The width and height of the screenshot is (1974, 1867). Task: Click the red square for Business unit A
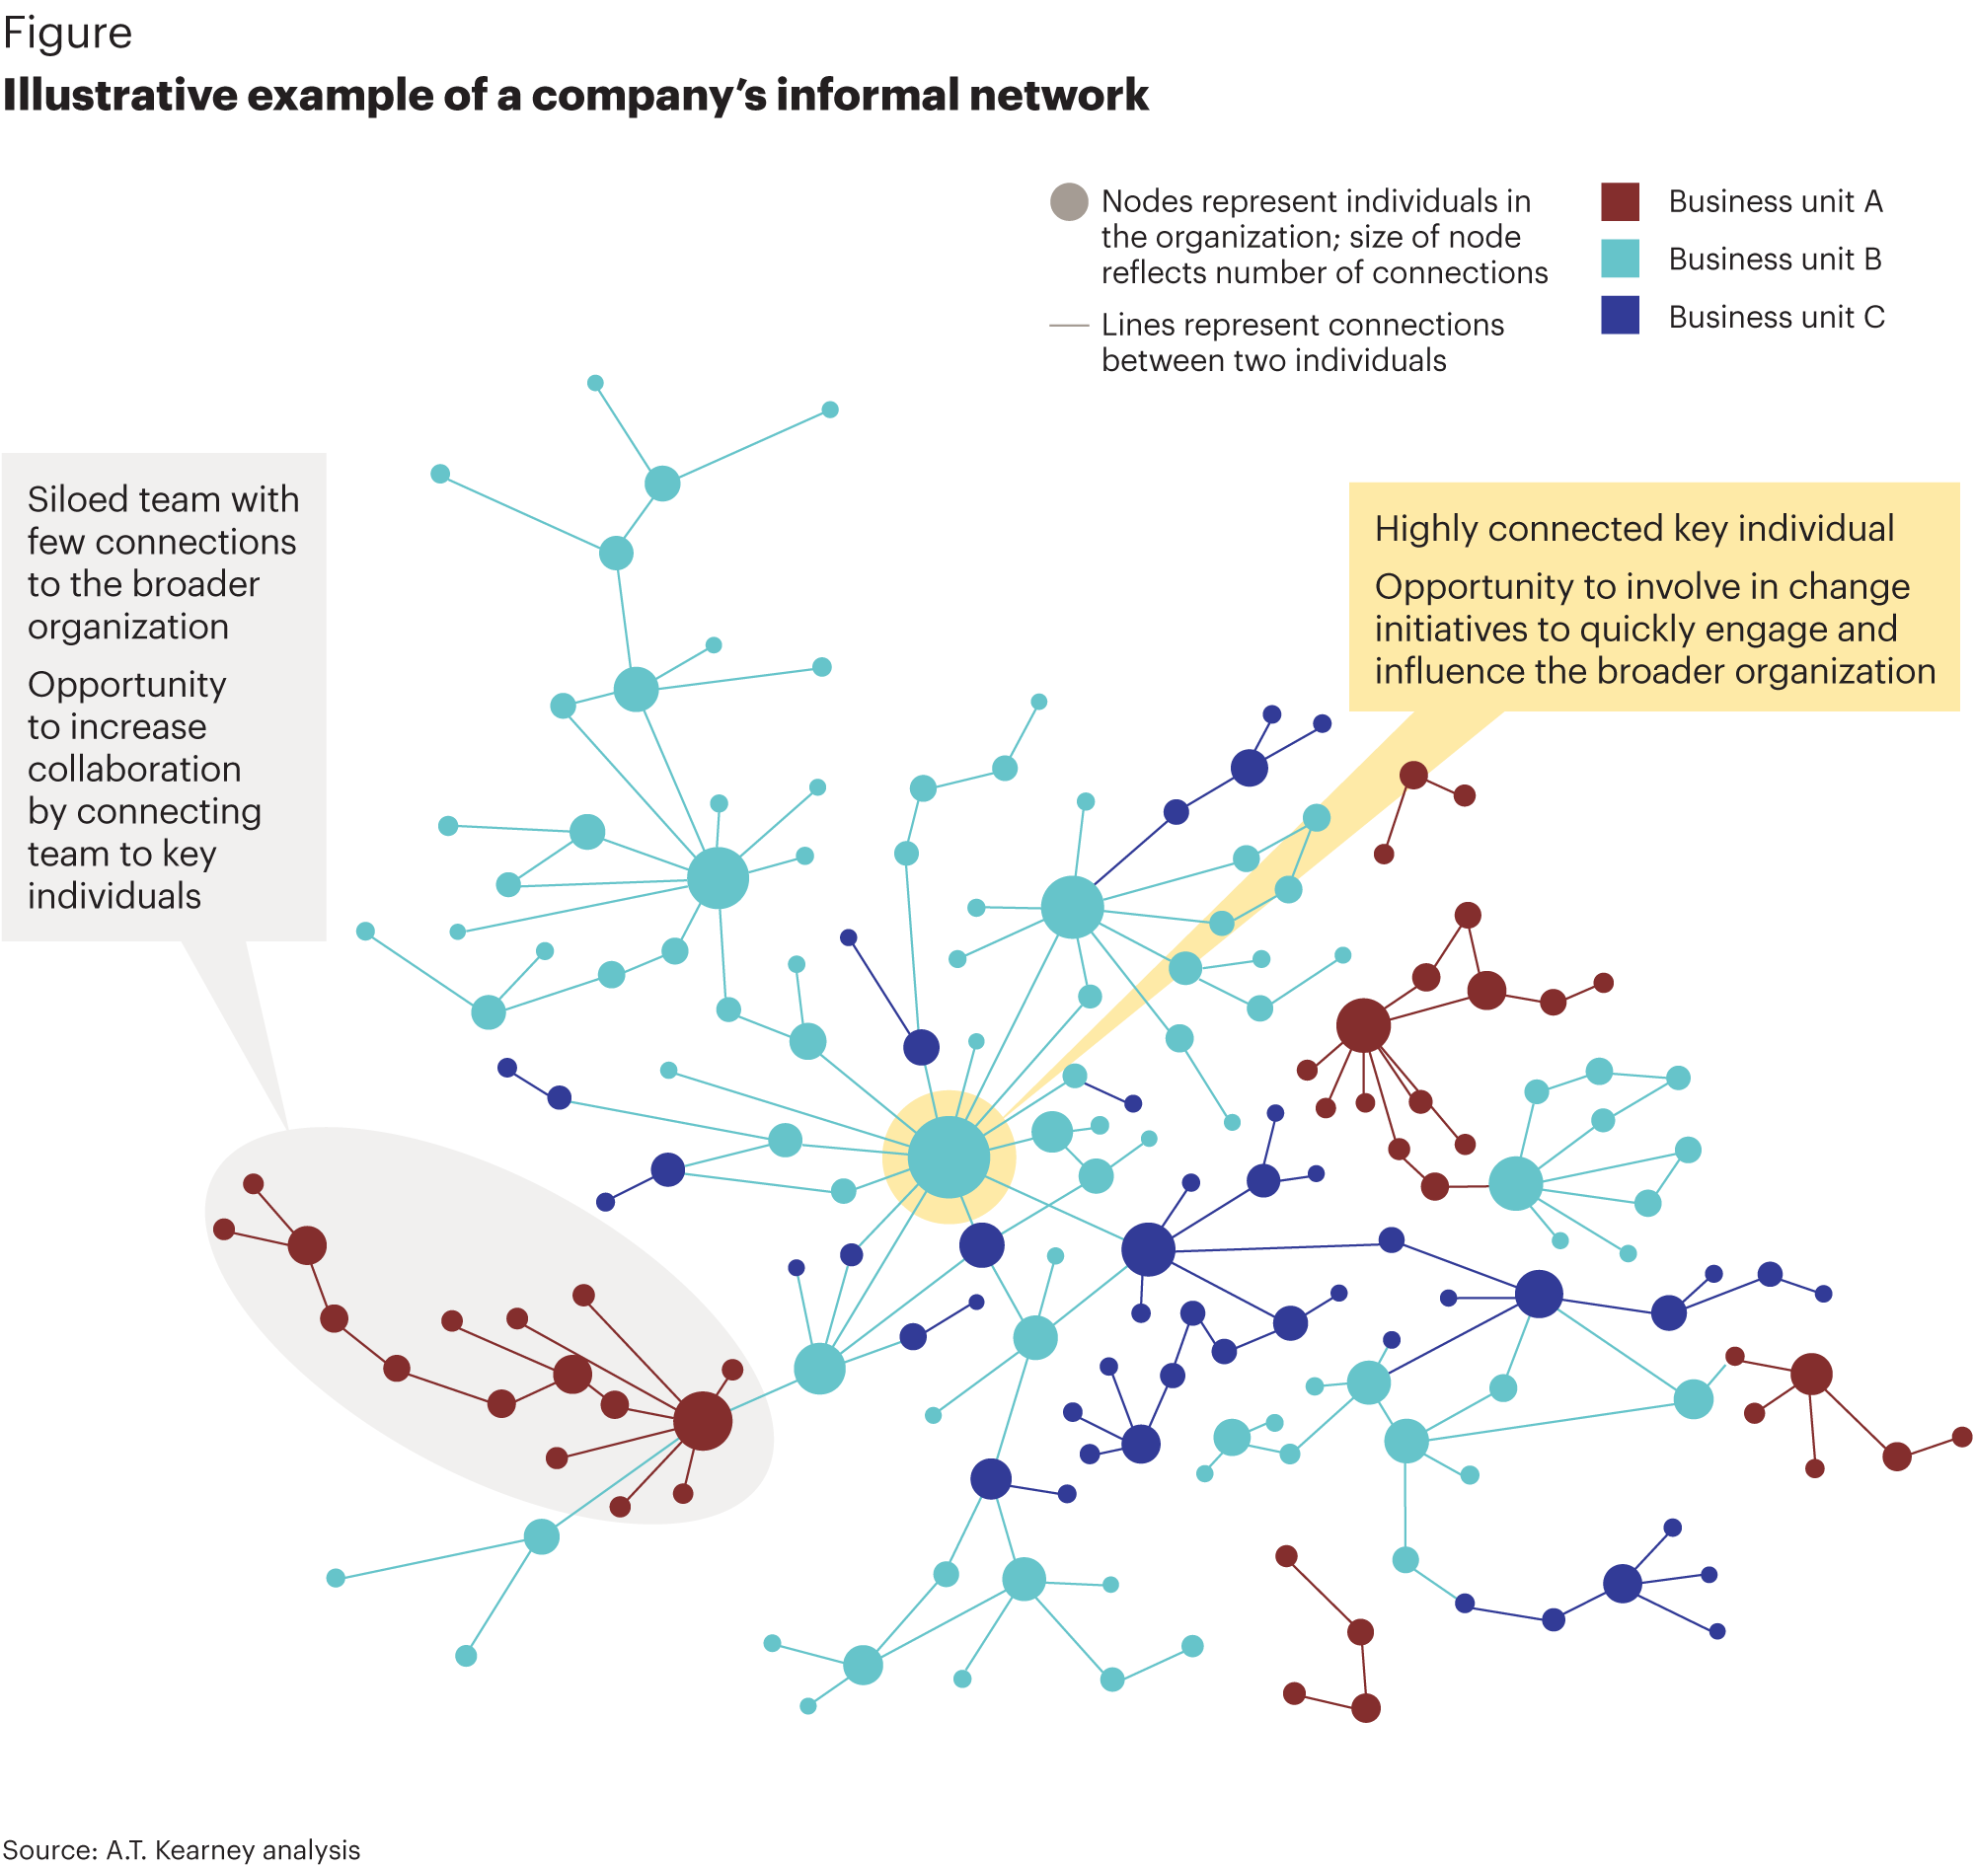coord(1620,201)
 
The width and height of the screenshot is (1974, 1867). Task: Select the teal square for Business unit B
coord(1620,259)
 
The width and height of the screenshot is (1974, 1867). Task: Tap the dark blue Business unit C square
coord(1620,316)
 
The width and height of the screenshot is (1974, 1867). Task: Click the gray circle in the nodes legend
coord(1069,201)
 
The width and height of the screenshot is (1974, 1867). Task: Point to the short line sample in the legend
coord(1069,326)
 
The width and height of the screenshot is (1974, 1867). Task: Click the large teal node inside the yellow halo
coord(949,1157)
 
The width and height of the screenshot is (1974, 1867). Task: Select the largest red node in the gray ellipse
coord(703,1420)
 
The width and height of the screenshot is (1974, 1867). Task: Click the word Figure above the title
coord(68,34)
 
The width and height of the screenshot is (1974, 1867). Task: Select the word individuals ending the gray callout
coord(114,897)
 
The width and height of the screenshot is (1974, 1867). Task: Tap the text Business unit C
coord(1776,318)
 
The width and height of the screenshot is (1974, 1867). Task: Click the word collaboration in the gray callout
coord(134,770)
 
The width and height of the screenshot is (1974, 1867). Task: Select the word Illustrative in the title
coord(118,96)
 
